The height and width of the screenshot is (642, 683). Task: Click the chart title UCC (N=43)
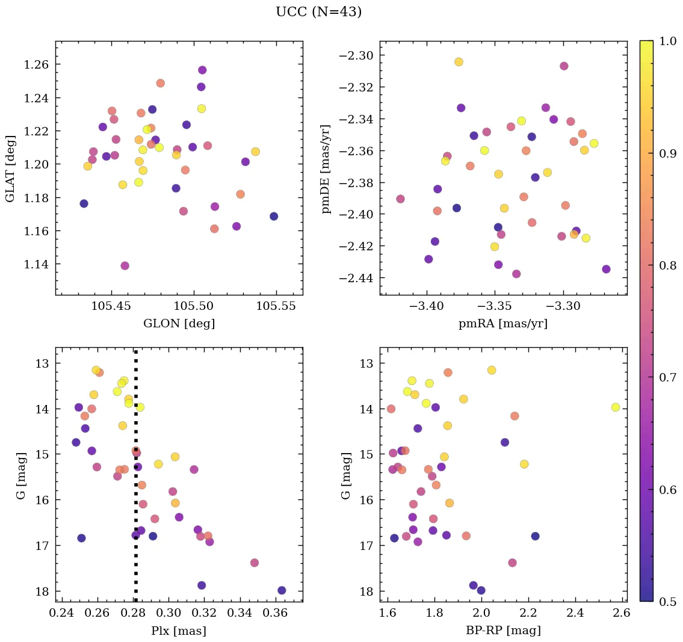coord(318,12)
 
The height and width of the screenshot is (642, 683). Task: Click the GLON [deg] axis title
coord(179,324)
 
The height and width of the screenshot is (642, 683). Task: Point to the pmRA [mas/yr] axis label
coord(503,324)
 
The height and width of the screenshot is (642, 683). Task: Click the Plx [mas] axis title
coord(179,631)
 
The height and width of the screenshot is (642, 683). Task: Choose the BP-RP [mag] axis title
coord(503,631)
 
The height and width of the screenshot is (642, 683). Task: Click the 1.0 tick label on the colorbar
coord(667,41)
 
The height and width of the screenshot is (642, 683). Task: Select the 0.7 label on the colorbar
coord(667,377)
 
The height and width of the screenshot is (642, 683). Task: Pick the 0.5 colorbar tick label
coord(667,602)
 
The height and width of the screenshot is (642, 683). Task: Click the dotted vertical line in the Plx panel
coord(135,511)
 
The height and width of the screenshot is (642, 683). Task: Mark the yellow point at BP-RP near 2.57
coord(616,407)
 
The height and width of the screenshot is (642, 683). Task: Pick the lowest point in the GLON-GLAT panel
coord(125,266)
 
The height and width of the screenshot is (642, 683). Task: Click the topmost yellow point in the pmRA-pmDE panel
coord(459,62)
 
